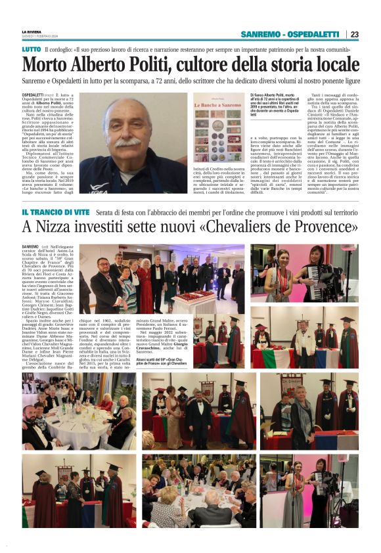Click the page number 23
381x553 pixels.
[355, 34]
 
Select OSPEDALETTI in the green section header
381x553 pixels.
[315, 34]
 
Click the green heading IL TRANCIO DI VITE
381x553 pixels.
[55, 212]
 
